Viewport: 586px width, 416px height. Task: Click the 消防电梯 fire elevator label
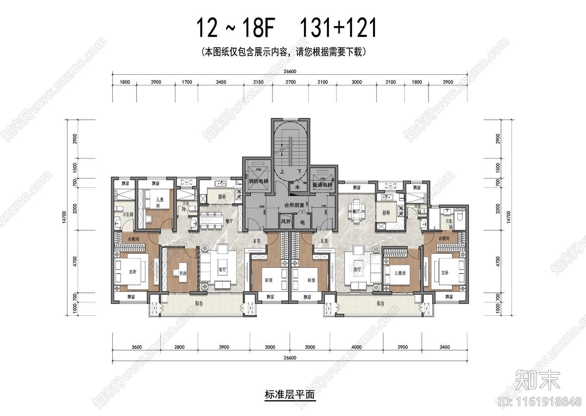pyautogui.click(x=258, y=181)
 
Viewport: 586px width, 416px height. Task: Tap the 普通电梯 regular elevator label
pyautogui.click(x=322, y=185)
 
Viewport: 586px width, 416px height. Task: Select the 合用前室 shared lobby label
pyautogui.click(x=294, y=205)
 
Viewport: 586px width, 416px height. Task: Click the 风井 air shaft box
pyautogui.click(x=286, y=222)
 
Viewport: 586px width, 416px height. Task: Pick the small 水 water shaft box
pyautogui.click(x=297, y=187)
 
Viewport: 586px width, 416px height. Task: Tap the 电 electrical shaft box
pyautogui.click(x=303, y=222)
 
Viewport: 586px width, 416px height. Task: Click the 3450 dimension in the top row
pyautogui.click(x=221, y=82)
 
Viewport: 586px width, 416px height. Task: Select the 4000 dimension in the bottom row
pyautogui.click(x=356, y=347)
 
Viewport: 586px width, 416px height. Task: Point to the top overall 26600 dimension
pyautogui.click(x=290, y=72)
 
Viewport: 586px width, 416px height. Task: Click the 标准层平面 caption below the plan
pyautogui.click(x=289, y=395)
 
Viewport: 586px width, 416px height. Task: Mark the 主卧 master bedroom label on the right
pyautogui.click(x=445, y=273)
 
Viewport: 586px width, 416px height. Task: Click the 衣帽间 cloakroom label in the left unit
pyautogui.click(x=133, y=239)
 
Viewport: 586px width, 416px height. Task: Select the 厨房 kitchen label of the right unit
pyautogui.click(x=386, y=212)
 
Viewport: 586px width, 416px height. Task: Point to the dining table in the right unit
pyautogui.click(x=356, y=211)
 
